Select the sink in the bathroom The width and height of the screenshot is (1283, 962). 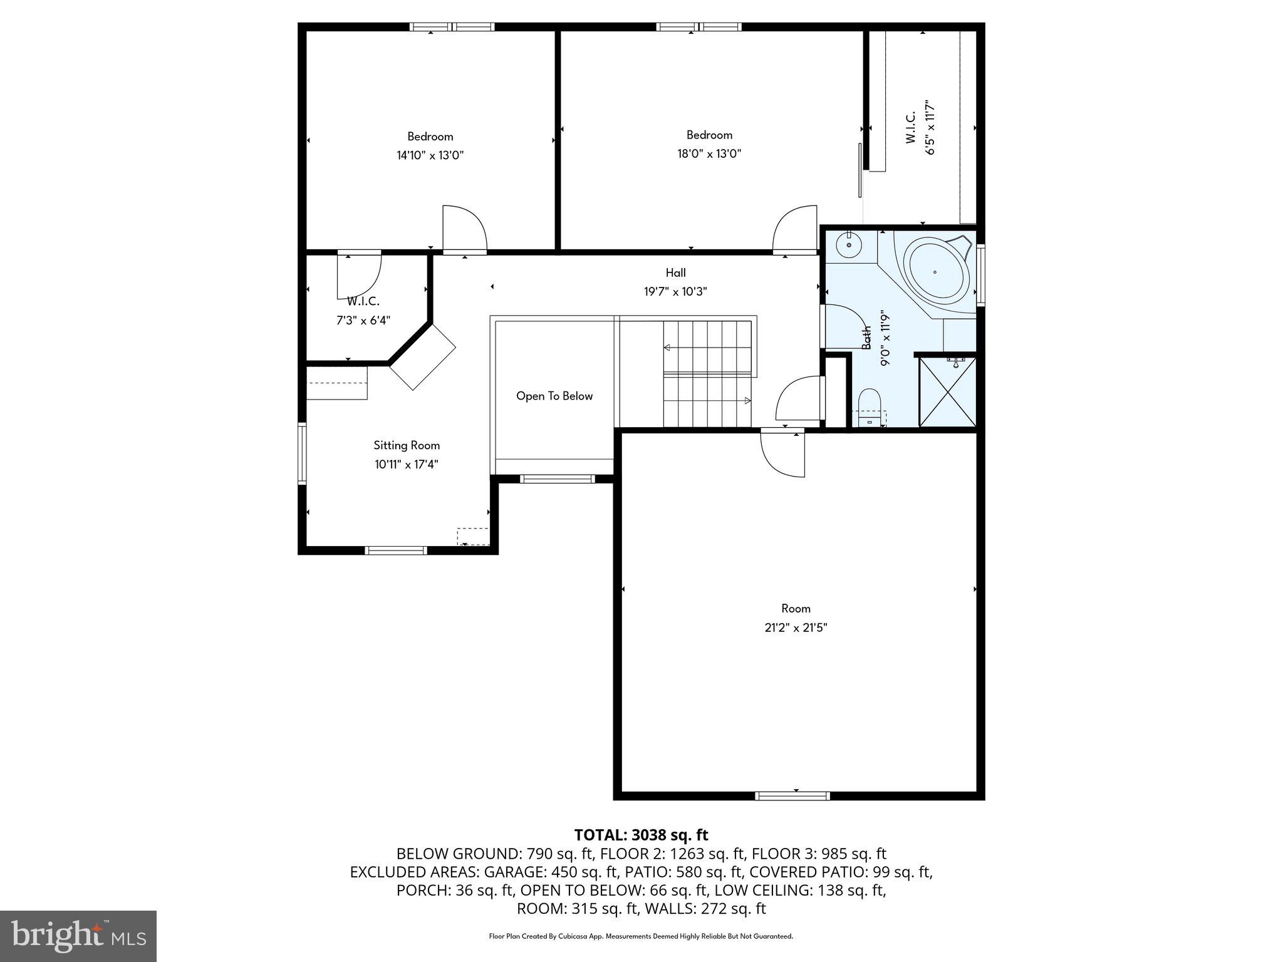click(x=849, y=245)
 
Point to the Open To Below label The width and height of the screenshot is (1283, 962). click(x=554, y=396)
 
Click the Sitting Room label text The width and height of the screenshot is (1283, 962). click(x=407, y=445)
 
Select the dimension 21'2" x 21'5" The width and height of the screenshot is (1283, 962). click(x=796, y=628)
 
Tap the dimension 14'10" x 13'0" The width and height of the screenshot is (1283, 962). click(x=430, y=155)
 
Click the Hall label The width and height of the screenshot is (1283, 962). click(x=675, y=272)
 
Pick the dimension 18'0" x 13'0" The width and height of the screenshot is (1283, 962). click(x=709, y=153)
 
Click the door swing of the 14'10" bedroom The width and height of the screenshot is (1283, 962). click(x=464, y=229)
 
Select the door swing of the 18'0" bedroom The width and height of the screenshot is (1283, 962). click(x=796, y=229)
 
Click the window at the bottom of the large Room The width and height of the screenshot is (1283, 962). click(x=792, y=796)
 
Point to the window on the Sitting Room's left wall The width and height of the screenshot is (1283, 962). click(x=302, y=453)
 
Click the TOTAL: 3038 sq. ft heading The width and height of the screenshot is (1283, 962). click(x=641, y=835)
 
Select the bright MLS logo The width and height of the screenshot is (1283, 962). click(x=78, y=936)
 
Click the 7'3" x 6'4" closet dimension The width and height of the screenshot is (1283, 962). click(x=363, y=321)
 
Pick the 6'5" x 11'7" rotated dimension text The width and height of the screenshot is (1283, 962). click(x=930, y=127)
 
